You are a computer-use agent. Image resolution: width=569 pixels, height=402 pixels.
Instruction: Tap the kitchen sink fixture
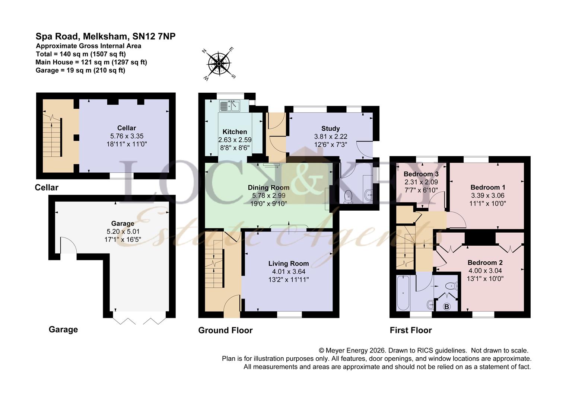point(230,106)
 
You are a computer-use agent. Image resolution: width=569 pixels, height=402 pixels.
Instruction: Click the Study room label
point(330,129)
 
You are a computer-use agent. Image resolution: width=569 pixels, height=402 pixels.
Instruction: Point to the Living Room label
point(288,264)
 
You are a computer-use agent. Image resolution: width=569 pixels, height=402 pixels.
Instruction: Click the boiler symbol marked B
point(447,307)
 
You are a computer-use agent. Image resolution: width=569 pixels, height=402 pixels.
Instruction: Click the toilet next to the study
point(348,197)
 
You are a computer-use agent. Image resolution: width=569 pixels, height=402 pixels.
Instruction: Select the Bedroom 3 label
point(421,174)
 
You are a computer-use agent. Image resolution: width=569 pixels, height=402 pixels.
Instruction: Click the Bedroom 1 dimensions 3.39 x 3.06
point(487,195)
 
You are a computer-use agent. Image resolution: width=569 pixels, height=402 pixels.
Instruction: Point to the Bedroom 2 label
point(485,263)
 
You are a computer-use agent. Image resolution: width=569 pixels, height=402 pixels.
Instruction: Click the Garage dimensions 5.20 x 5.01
point(123,231)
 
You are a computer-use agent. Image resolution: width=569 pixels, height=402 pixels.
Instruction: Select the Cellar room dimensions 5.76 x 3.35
point(127,136)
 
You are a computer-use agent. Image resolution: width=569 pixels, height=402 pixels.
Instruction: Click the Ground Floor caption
point(225,330)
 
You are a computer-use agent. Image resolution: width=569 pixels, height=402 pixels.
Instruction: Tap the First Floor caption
point(410,330)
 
